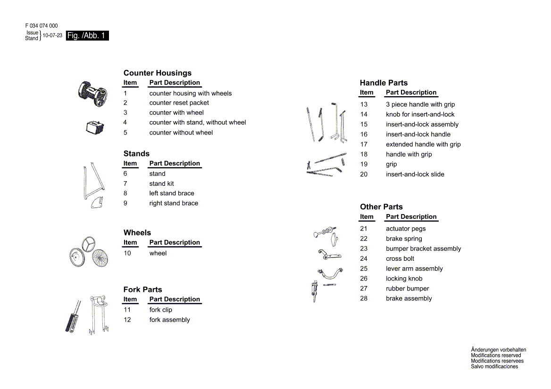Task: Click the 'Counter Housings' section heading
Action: click(x=158, y=73)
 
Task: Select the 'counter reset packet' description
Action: click(x=179, y=103)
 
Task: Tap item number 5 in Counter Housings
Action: click(x=125, y=132)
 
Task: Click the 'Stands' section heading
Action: click(x=136, y=154)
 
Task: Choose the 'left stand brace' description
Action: click(x=172, y=193)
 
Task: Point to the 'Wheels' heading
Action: click(x=137, y=232)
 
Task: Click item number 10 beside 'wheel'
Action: click(x=127, y=253)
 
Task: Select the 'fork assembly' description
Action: click(x=169, y=320)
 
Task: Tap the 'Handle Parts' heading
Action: click(x=384, y=83)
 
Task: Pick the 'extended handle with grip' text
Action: click(x=423, y=144)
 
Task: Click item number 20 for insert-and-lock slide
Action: click(x=364, y=174)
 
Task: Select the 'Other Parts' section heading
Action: click(x=381, y=207)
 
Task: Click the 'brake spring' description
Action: click(x=404, y=239)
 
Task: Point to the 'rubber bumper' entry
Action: click(x=407, y=289)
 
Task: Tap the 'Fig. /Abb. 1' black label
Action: click(x=87, y=36)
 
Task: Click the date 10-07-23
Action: click(x=52, y=36)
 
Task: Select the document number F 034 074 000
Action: click(x=42, y=26)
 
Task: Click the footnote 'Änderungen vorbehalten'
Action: click(x=498, y=350)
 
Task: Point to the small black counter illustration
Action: click(x=95, y=127)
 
